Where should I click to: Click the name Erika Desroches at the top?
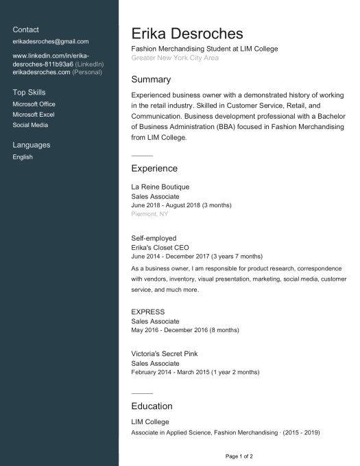[x=187, y=34]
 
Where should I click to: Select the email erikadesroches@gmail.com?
[x=51, y=41]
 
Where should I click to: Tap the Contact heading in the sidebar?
[x=26, y=30]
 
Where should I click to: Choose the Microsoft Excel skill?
[x=34, y=115]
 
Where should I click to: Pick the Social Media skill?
[x=31, y=125]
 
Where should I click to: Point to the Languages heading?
[x=32, y=145]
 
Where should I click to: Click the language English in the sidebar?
[x=23, y=157]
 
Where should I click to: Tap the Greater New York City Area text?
[x=175, y=58]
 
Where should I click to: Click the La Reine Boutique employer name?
[x=160, y=187]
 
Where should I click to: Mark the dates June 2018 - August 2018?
[x=181, y=205]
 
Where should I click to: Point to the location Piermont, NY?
[x=149, y=214]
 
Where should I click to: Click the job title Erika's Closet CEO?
[x=160, y=247]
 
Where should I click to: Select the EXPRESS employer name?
[x=148, y=312]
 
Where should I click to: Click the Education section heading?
[x=152, y=406]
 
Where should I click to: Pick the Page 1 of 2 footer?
[x=239, y=456]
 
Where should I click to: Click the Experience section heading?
[x=154, y=168]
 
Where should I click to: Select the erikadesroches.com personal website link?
[x=41, y=72]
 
